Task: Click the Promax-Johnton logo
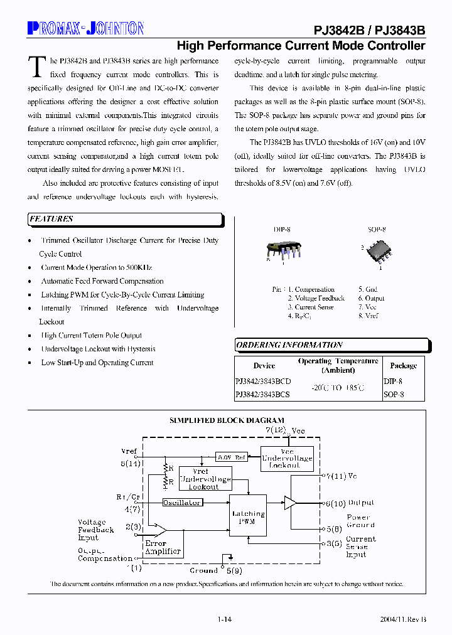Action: pyautogui.click(x=86, y=28)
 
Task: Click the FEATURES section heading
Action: pyautogui.click(x=51, y=219)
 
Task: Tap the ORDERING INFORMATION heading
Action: pyautogui.click(x=289, y=345)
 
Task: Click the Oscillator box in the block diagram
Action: pyautogui.click(x=182, y=503)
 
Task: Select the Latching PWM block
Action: pyautogui.click(x=248, y=518)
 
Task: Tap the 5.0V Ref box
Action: pyautogui.click(x=231, y=457)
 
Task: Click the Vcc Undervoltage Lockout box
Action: pyautogui.click(x=287, y=459)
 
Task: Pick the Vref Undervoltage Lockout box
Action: pyautogui.click(x=205, y=479)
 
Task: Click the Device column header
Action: pyautogui.click(x=264, y=366)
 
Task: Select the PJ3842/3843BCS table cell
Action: pyautogui.click(x=262, y=395)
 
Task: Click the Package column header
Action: pyautogui.click(x=403, y=366)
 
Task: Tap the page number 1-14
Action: pyautogui.click(x=225, y=619)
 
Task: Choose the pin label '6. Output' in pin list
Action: pyautogui.click(x=371, y=299)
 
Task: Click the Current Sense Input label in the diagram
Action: pyautogui.click(x=360, y=547)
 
